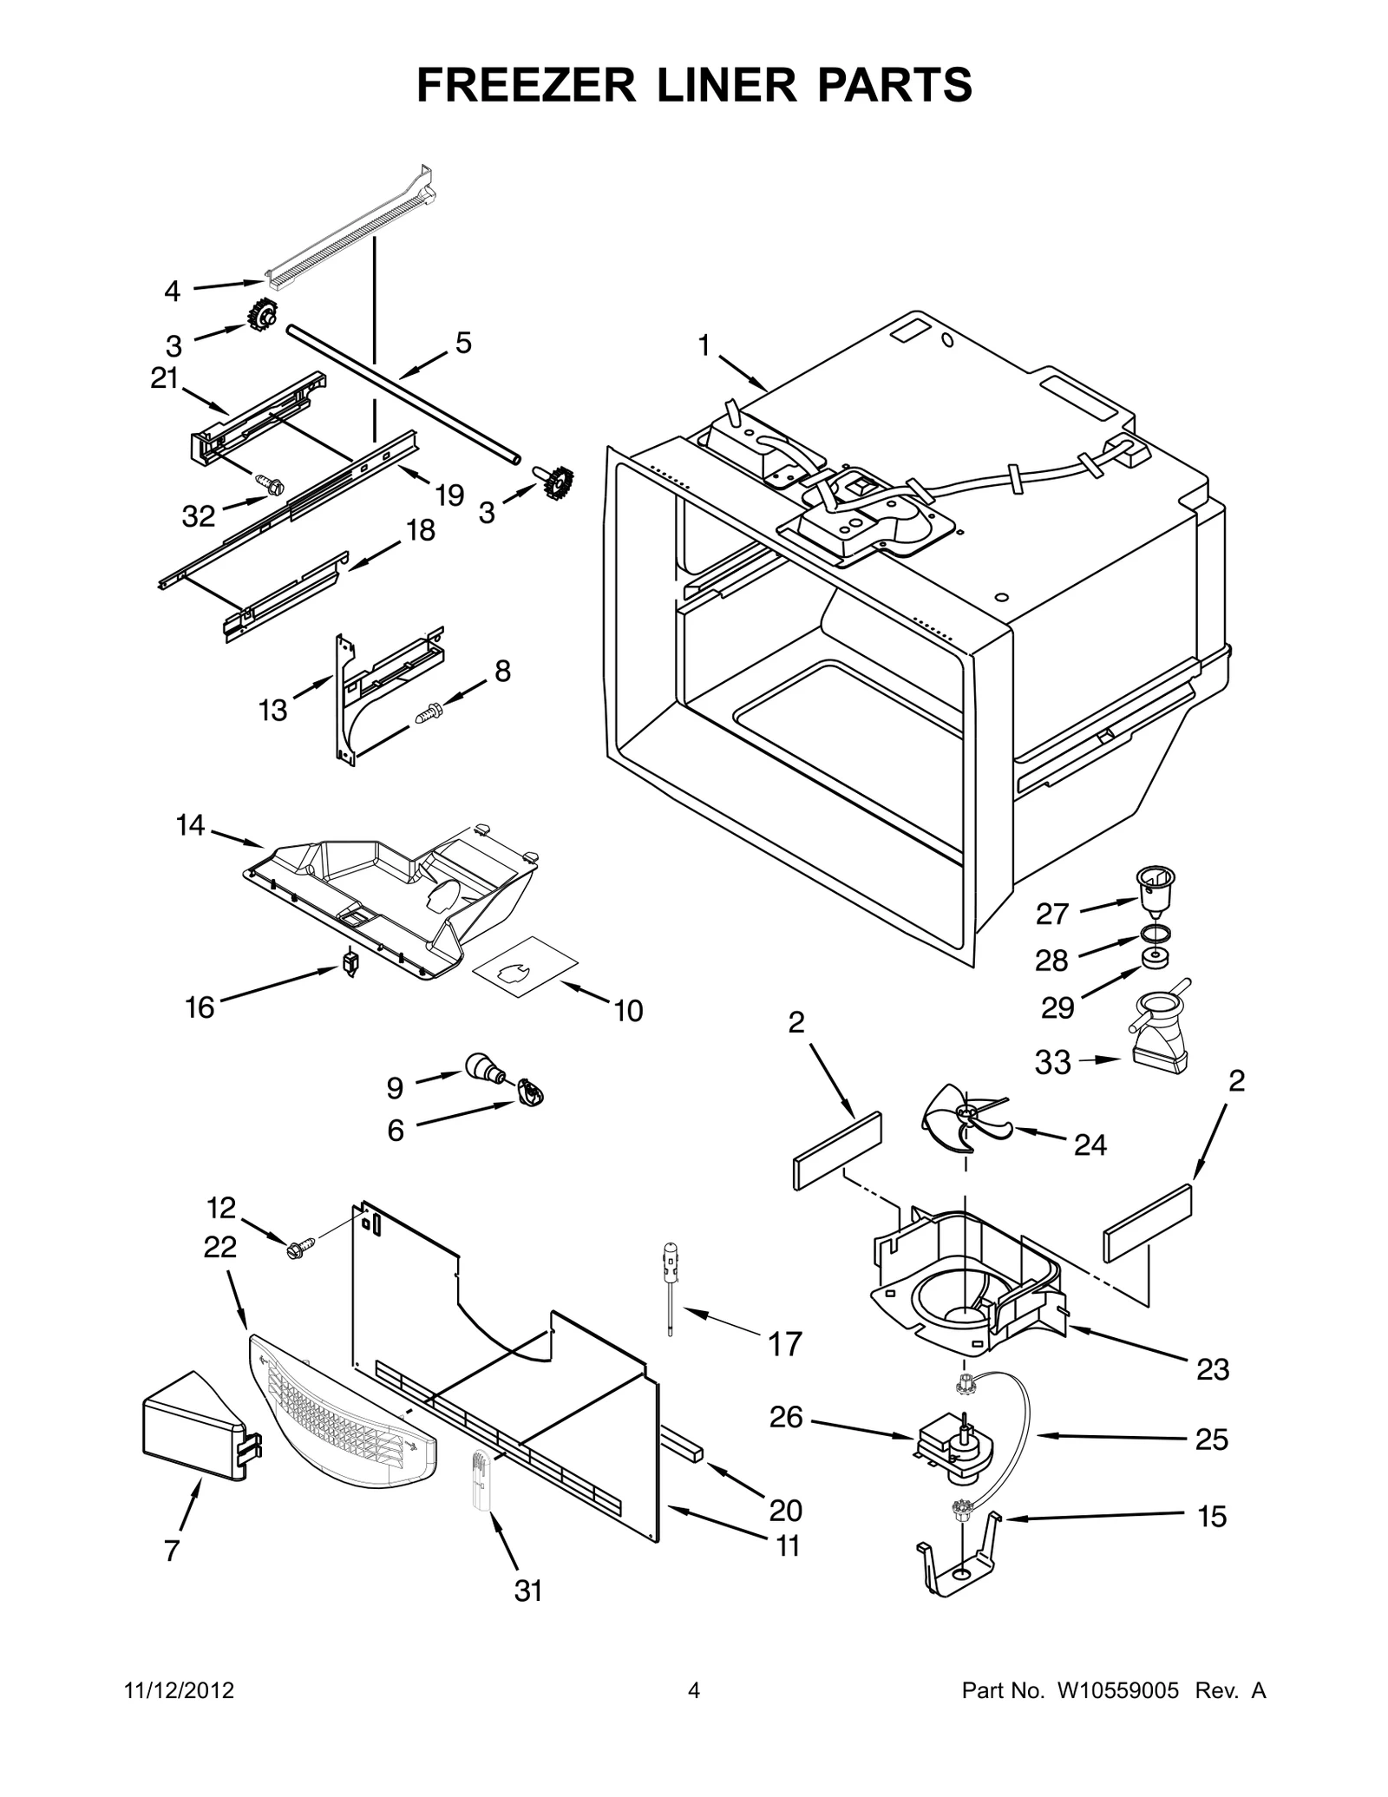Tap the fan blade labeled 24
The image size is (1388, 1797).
963,1118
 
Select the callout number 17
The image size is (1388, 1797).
786,1344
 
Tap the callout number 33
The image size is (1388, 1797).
1053,1062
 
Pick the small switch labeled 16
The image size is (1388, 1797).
350,962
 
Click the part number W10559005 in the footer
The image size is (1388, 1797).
1118,1690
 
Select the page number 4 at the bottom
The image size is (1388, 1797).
693,1690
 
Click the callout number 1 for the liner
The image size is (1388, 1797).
704,346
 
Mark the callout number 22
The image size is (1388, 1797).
220,1247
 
